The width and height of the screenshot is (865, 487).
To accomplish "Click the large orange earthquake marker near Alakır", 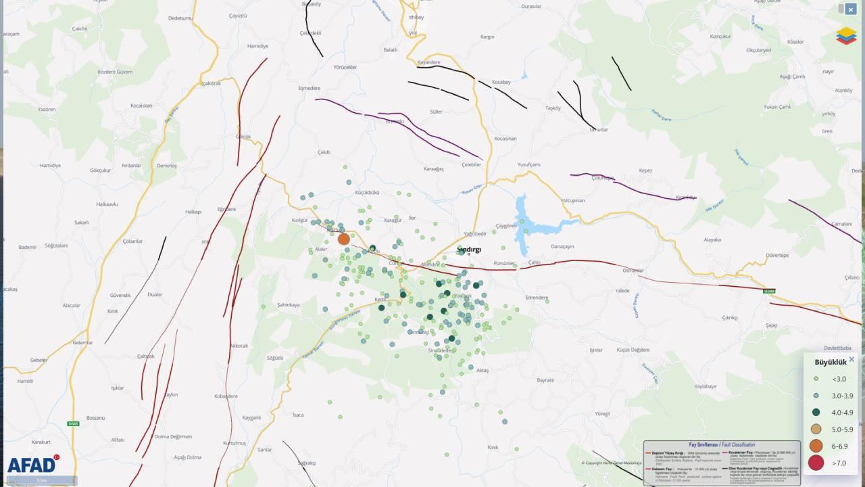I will [343, 239].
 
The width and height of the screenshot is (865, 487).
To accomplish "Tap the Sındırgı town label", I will [469, 249].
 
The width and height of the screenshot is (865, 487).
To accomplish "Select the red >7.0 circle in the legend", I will [816, 463].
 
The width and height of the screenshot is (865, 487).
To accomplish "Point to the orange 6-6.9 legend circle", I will [816, 446].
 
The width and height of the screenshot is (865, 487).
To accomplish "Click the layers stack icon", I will [846, 36].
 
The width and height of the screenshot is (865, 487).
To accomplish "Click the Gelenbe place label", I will [82, 343].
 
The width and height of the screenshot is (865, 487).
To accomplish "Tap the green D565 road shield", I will [73, 424].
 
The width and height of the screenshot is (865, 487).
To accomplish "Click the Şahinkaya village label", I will [288, 305].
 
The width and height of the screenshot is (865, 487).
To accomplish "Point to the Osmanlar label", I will [633, 271].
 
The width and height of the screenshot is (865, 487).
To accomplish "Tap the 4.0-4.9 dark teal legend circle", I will [816, 412].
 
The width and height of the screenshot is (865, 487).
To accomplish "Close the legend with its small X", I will [851, 360].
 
